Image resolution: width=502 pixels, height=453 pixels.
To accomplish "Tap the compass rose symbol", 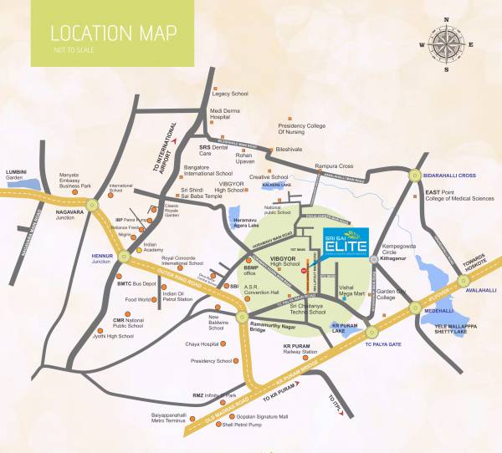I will (x=445, y=41).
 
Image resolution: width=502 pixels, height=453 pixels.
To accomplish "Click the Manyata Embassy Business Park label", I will (x=75, y=181).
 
